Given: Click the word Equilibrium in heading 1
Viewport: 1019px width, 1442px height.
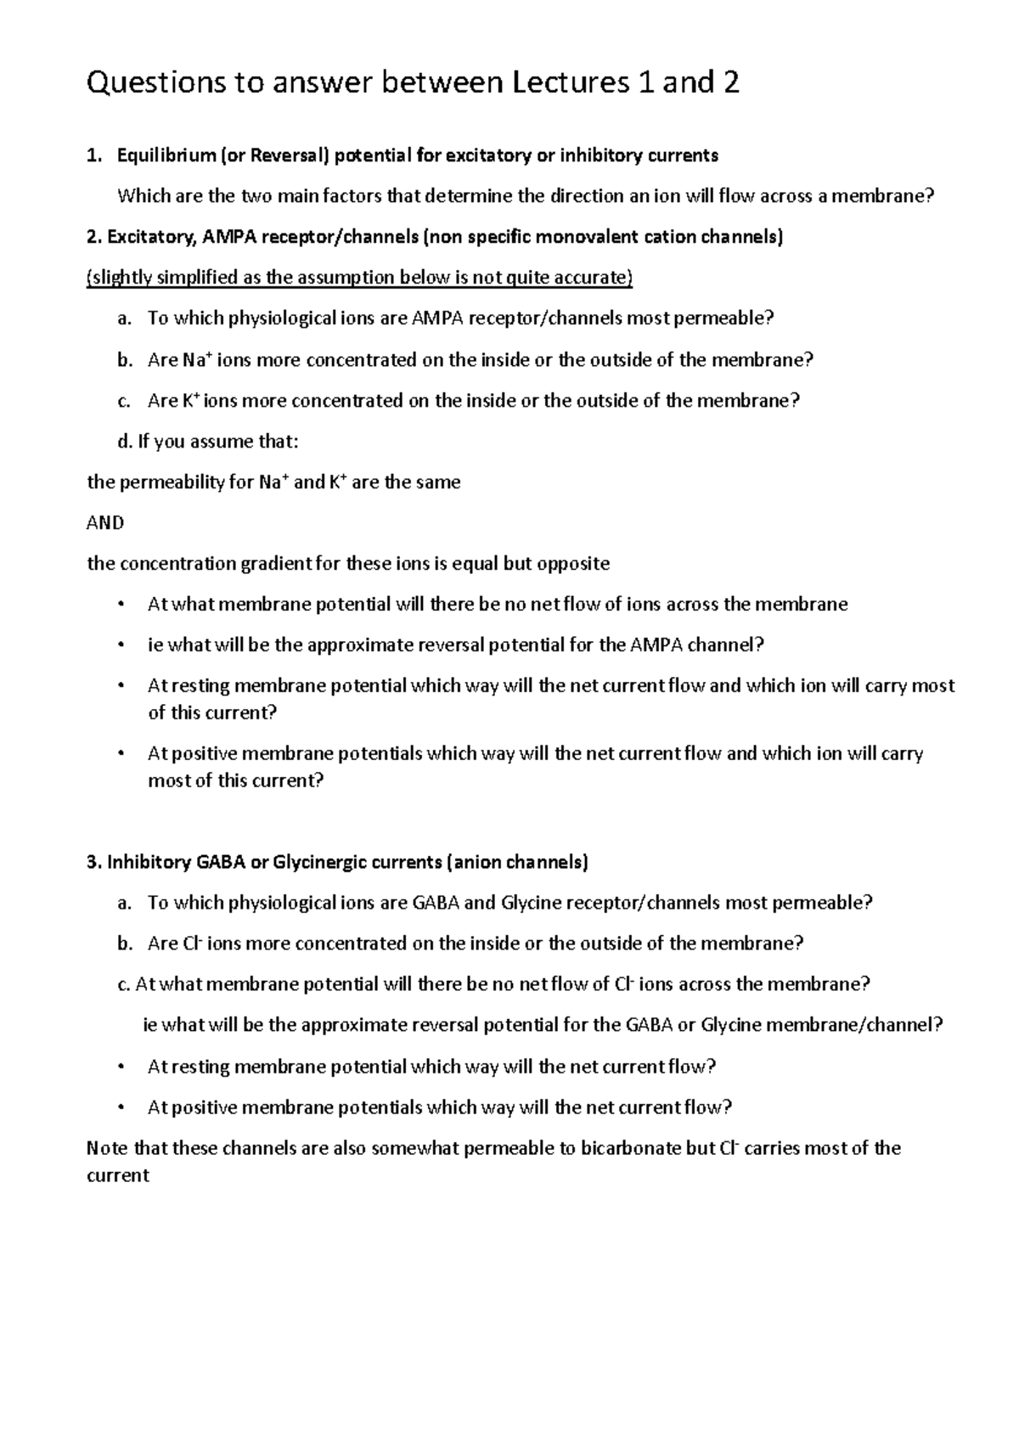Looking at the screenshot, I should pos(166,155).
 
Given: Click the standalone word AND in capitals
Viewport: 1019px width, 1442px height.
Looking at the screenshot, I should pos(105,523).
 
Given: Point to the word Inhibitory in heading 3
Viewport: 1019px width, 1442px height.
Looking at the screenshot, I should pos(149,863).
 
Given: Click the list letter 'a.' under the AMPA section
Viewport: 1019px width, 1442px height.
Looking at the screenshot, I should pos(125,319).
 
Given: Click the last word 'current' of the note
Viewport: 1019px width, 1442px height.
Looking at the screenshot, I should pos(118,1176).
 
